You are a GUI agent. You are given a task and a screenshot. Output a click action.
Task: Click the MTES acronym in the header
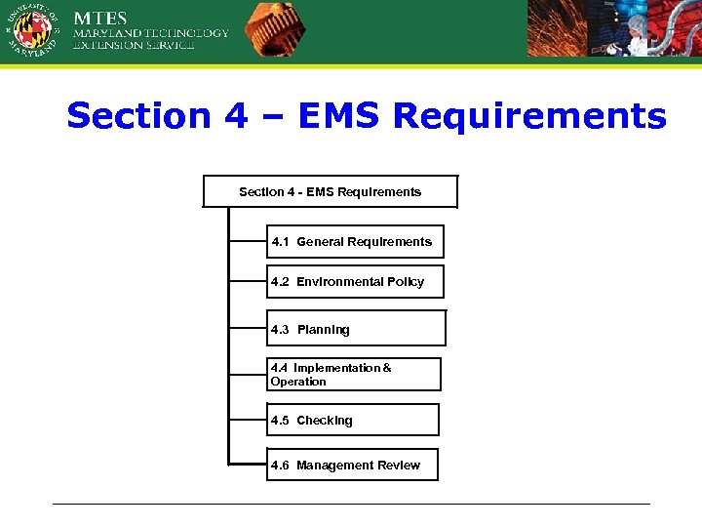click(x=101, y=18)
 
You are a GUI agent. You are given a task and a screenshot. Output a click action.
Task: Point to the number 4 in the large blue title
click(x=236, y=116)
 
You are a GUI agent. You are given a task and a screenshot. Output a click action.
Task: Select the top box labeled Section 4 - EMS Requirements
click(x=330, y=191)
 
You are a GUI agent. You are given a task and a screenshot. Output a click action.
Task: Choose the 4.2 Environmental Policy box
click(x=355, y=281)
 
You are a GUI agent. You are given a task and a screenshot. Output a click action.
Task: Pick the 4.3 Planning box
click(x=356, y=329)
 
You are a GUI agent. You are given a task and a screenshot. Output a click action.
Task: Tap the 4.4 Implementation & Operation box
click(x=353, y=375)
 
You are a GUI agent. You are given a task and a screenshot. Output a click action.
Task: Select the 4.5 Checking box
click(x=353, y=420)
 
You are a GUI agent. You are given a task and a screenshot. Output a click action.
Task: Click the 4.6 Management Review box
click(x=352, y=466)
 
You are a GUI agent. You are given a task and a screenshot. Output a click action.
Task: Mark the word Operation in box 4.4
click(x=298, y=382)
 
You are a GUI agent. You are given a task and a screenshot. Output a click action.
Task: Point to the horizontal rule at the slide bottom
click(x=351, y=504)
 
